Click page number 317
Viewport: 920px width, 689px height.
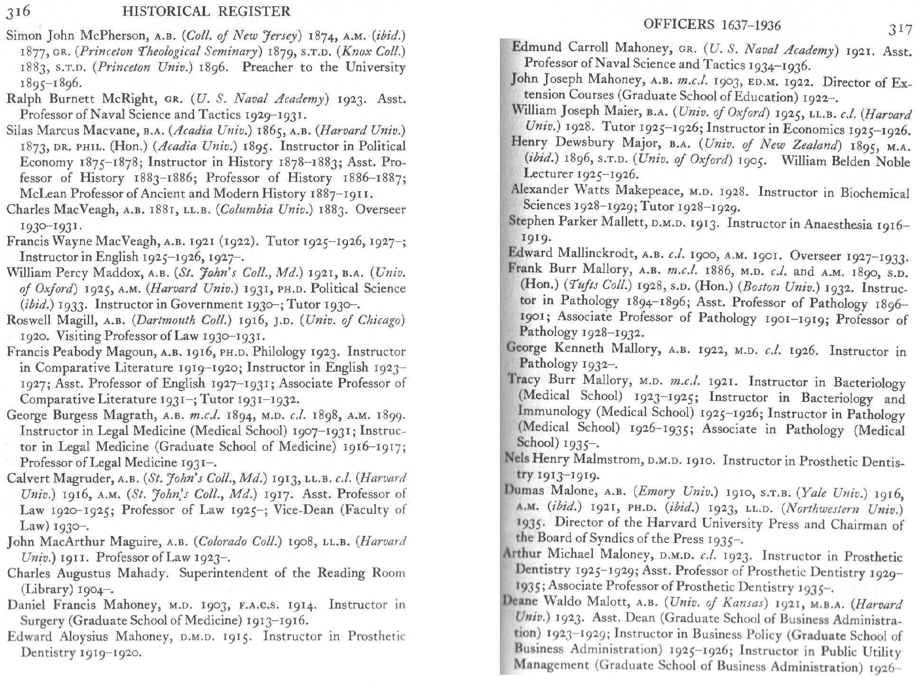tap(900, 30)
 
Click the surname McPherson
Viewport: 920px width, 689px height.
tap(113, 36)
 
